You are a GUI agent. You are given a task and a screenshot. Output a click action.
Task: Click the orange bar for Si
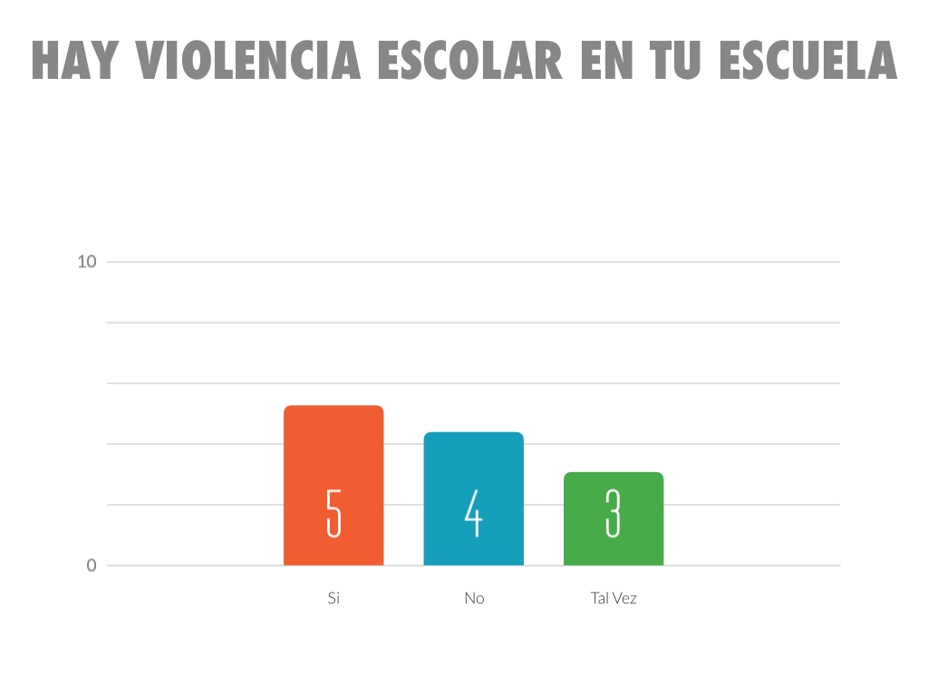(x=333, y=453)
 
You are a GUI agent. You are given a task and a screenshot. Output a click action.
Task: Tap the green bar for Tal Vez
(x=614, y=489)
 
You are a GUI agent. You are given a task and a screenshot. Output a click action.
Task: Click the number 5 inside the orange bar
(x=333, y=513)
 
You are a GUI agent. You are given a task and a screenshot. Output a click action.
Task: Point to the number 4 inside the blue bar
(x=473, y=513)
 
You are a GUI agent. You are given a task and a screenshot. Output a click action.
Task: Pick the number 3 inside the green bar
(x=614, y=513)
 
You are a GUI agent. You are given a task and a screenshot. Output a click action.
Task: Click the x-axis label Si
(x=333, y=598)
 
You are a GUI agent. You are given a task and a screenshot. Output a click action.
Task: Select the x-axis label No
(x=474, y=598)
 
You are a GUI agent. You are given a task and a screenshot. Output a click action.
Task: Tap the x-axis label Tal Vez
(x=614, y=598)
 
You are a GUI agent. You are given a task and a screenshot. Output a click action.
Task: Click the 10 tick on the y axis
(x=87, y=262)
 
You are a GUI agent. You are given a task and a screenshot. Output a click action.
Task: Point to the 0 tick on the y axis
(x=92, y=565)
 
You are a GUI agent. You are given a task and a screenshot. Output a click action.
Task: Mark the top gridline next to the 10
(x=471, y=262)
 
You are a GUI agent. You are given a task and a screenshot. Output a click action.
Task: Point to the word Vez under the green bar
(x=624, y=598)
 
